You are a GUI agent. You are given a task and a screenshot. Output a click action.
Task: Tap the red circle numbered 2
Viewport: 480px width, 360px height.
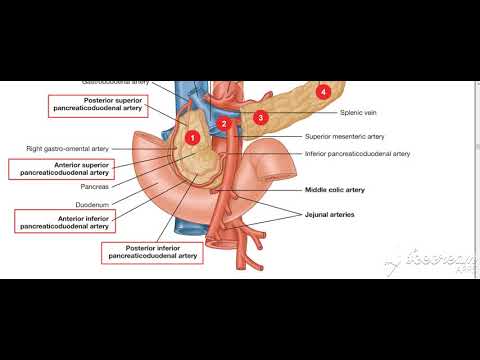[225, 123]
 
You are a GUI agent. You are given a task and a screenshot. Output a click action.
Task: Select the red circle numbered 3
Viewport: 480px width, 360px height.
[260, 117]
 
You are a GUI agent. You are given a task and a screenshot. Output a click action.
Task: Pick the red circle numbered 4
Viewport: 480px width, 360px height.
[322, 92]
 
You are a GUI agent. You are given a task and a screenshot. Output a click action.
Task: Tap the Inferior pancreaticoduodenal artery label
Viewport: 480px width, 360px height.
[357, 154]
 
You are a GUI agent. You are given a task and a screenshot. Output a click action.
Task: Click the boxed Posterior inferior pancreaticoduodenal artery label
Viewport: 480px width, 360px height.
[151, 251]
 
